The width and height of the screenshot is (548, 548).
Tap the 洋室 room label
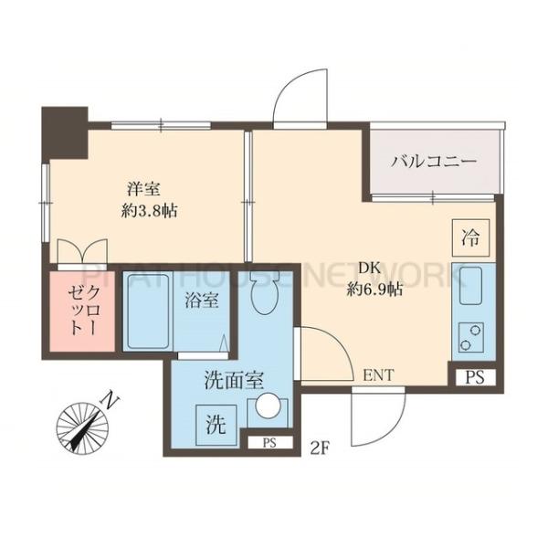point(143,189)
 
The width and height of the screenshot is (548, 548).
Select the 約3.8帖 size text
point(151,210)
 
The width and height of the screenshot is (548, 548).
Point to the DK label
point(368,269)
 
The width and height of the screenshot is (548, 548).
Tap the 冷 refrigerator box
point(469,239)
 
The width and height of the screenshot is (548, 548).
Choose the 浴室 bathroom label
point(200,300)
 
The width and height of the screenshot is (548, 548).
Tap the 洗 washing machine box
point(215,423)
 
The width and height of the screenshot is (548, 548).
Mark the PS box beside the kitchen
point(473,375)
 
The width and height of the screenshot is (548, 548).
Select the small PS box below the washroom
point(269,444)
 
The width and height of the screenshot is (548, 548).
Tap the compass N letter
point(111,398)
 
